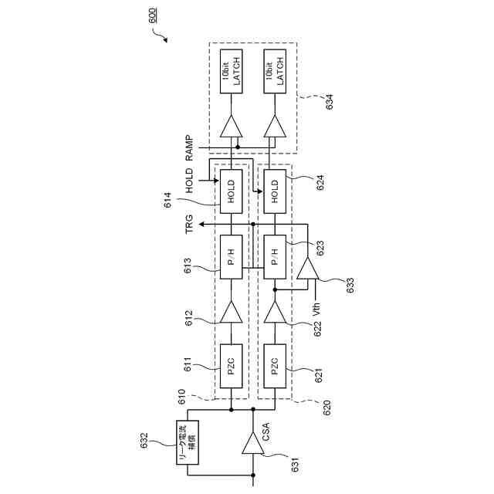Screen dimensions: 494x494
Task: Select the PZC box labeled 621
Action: coord(274,364)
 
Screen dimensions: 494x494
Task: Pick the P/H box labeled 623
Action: coord(274,255)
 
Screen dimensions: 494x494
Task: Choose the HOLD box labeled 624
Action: coord(274,191)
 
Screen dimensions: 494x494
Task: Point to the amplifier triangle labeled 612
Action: coord(231,312)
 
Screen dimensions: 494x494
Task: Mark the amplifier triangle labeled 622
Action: coord(274,312)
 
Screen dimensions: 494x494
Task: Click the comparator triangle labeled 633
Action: coord(308,270)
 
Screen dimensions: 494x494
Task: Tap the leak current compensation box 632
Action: coord(188,442)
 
